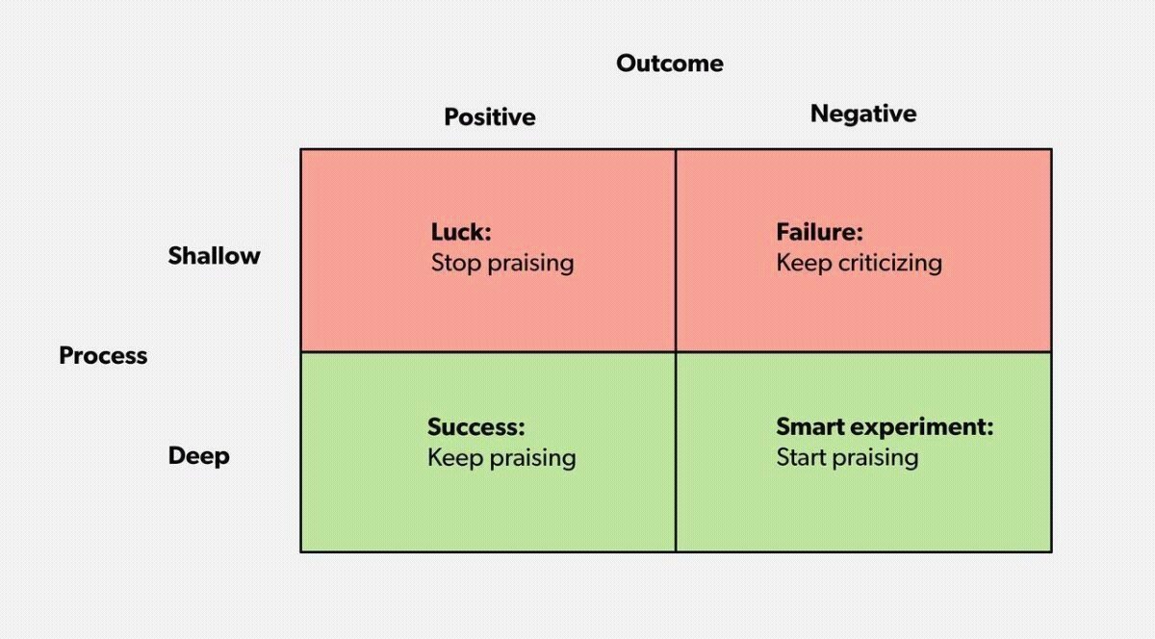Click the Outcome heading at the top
click(x=670, y=64)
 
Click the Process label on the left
click(x=103, y=355)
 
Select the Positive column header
click(x=490, y=117)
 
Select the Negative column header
click(x=863, y=114)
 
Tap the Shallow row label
click(x=214, y=255)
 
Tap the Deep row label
click(x=199, y=456)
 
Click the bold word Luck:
click(x=461, y=232)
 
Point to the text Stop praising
click(x=502, y=263)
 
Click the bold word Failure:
click(x=819, y=232)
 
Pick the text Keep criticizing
click(x=859, y=263)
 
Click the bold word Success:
click(x=475, y=427)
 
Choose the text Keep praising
click(x=501, y=458)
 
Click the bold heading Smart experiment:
click(x=885, y=427)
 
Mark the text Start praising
click(x=847, y=457)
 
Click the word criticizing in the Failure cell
click(x=890, y=263)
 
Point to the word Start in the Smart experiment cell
click(x=802, y=457)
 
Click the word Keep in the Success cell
click(x=455, y=458)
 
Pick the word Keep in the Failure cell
click(x=805, y=263)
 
